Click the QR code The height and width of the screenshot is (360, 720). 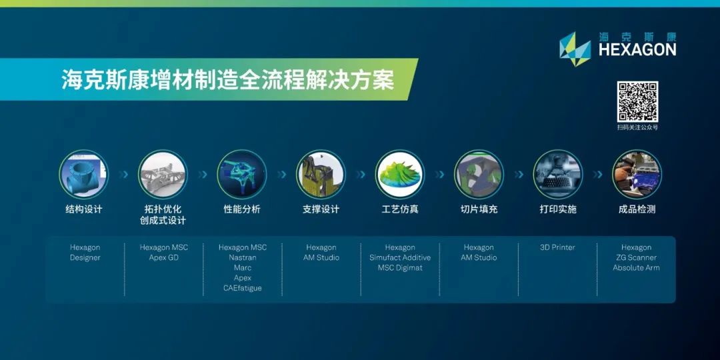coord(637,101)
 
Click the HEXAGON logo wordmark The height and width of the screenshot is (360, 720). coord(637,49)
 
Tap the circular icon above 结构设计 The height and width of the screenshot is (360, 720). coord(84,175)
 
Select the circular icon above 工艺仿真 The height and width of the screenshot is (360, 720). coord(400,175)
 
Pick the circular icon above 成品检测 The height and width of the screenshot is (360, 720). coord(637,175)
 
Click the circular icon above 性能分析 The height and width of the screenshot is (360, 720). coord(242,175)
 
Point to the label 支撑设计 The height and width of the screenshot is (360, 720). coord(321,209)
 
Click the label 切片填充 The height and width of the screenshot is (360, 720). coord(479,209)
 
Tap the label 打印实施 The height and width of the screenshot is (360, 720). coord(557,209)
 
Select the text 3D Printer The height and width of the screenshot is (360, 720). coord(557,247)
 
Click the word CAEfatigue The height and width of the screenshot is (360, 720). coord(243,288)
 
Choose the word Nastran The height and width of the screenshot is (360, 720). coord(243,257)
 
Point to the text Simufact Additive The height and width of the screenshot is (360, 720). coord(400,257)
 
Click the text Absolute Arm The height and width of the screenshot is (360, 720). coord(637,267)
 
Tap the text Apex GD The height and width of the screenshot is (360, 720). coord(164,257)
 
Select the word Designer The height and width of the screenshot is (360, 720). coord(85,257)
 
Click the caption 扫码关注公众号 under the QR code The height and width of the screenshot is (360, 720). coord(637,127)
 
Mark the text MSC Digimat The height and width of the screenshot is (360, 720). coord(400,267)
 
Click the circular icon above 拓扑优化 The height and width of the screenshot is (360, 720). coord(163,175)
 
